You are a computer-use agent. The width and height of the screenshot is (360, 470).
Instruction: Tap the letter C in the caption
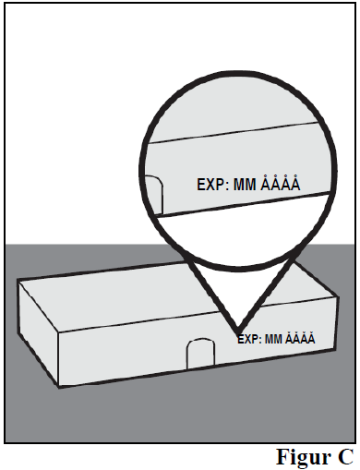(x=346, y=457)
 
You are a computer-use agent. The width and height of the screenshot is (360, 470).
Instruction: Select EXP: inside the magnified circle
(x=213, y=185)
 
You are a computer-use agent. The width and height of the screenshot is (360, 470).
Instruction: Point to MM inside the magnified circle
(x=245, y=185)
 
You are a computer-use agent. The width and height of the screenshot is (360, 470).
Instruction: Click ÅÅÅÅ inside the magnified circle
(x=280, y=183)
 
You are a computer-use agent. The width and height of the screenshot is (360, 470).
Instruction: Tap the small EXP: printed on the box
(x=249, y=340)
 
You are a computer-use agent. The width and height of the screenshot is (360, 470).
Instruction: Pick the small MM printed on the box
(x=273, y=339)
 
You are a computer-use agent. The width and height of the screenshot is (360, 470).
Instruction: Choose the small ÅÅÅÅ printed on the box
(x=300, y=338)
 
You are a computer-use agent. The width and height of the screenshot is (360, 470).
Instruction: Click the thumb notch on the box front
(x=200, y=354)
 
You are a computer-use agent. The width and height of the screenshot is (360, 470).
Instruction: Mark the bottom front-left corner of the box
(x=59, y=387)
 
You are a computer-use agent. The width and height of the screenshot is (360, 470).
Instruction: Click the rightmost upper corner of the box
(x=339, y=296)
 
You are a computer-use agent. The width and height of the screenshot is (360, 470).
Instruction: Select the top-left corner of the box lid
(x=18, y=280)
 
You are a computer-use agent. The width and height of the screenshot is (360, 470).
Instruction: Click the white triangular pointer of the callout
(x=238, y=295)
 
